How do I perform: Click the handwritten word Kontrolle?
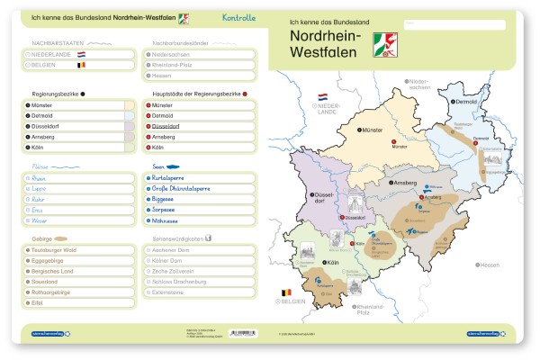click(238, 17)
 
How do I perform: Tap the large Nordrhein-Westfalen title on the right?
click(324, 43)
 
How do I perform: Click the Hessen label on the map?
click(489, 265)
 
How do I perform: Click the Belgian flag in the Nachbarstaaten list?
click(81, 65)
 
